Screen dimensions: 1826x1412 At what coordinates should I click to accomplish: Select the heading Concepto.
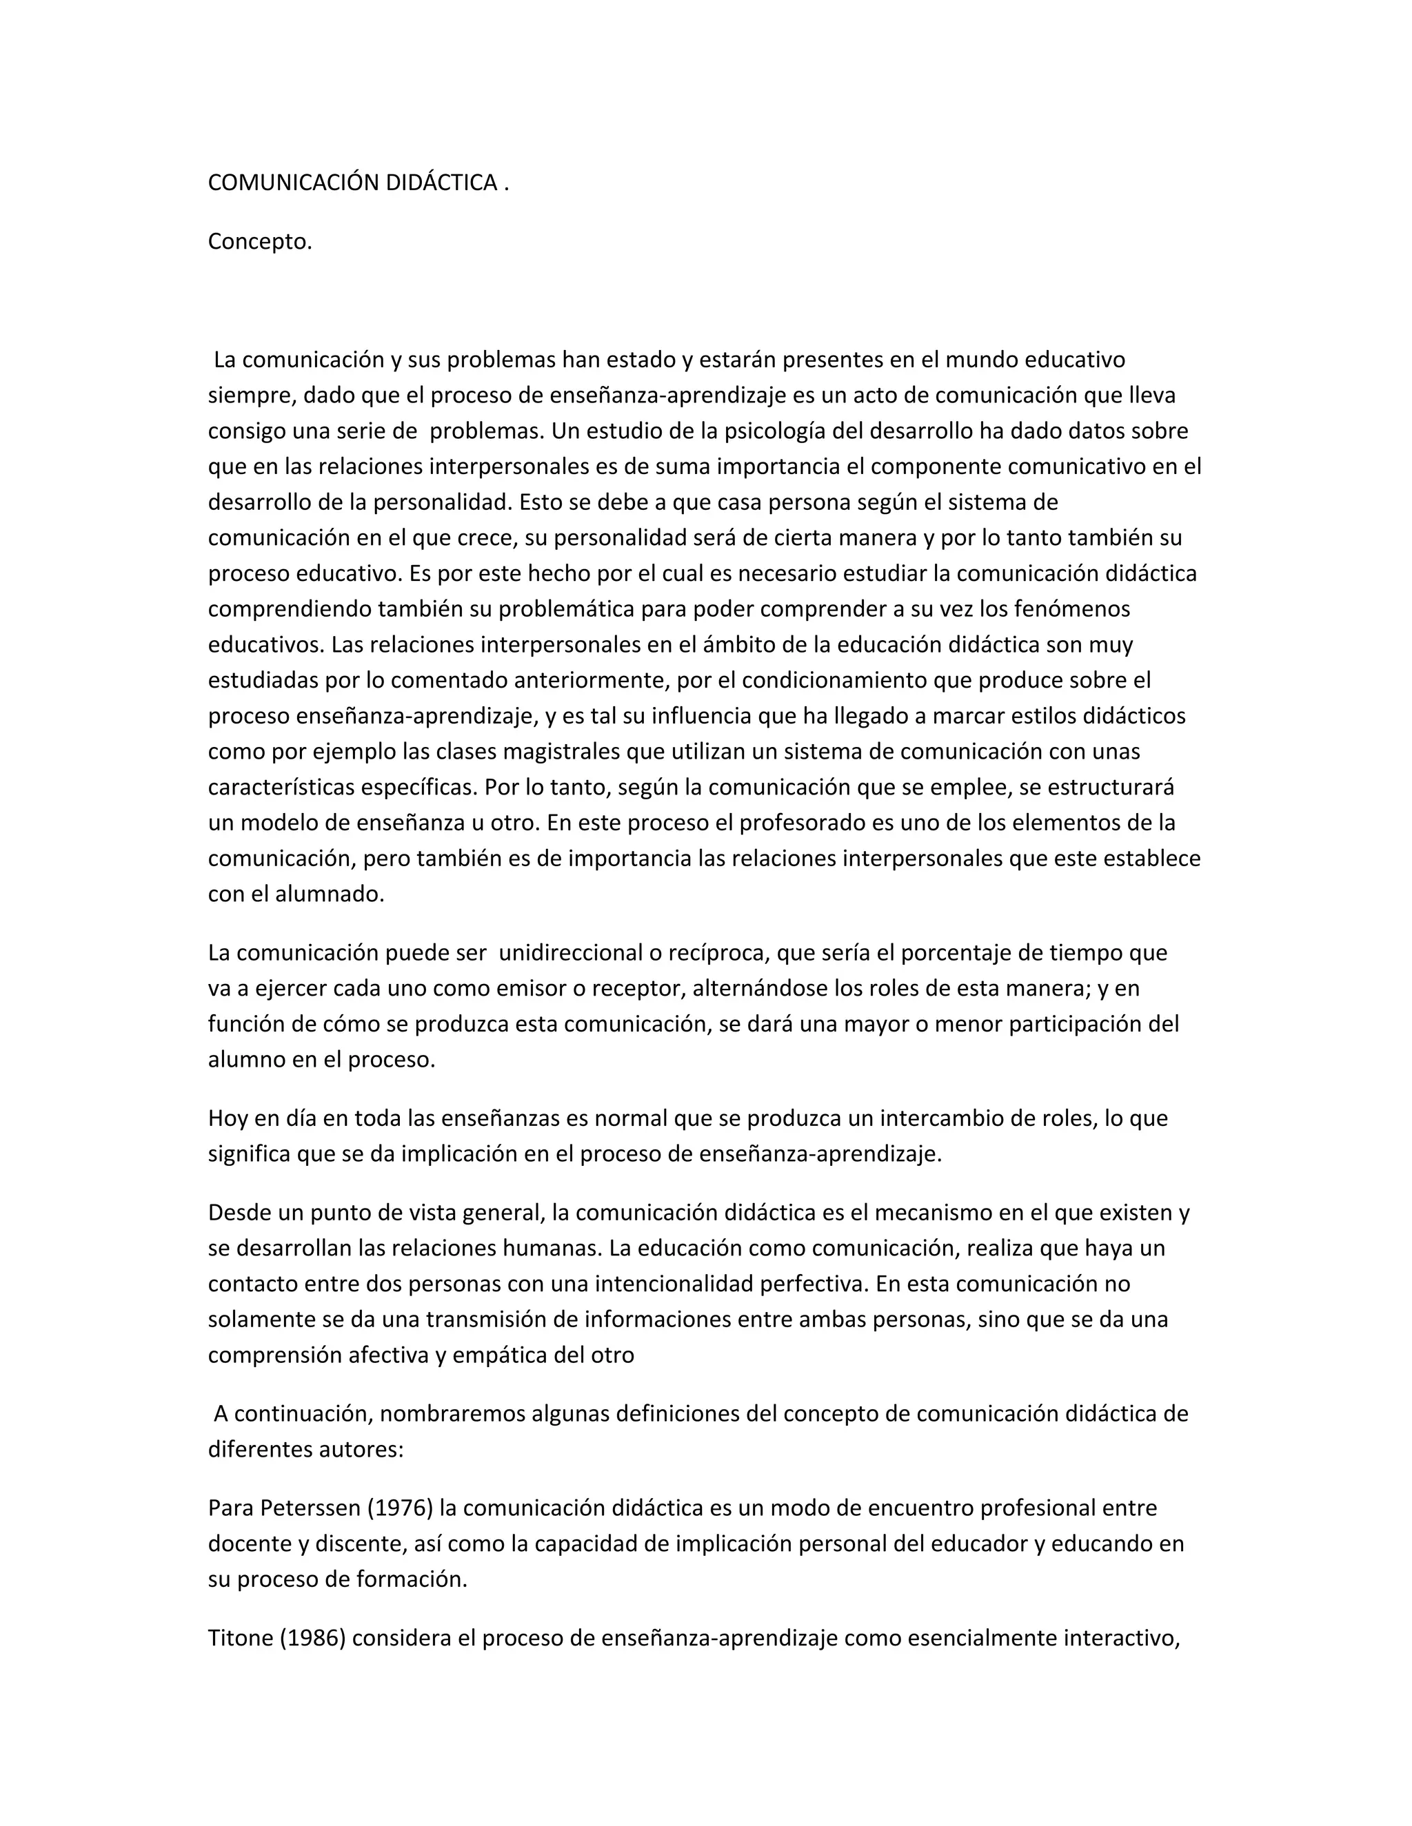pyautogui.click(x=260, y=242)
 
